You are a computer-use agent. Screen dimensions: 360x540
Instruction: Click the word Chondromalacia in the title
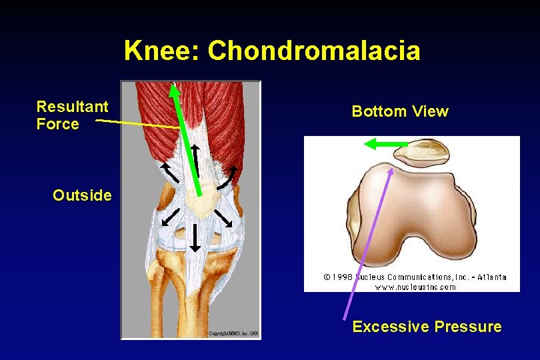click(x=314, y=51)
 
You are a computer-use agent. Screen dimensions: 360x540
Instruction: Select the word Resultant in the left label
click(x=72, y=107)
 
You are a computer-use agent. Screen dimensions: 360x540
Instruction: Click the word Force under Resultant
click(x=57, y=124)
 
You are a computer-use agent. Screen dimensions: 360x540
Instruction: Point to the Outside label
click(x=82, y=195)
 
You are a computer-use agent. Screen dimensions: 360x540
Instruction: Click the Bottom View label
click(x=400, y=111)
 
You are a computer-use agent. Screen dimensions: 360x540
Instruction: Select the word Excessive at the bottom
click(x=390, y=327)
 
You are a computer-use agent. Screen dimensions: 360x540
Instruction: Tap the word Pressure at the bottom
click(x=467, y=327)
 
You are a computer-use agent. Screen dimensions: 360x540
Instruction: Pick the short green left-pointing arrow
click(x=385, y=143)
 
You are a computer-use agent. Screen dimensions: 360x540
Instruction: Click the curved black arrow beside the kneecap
click(x=229, y=177)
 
